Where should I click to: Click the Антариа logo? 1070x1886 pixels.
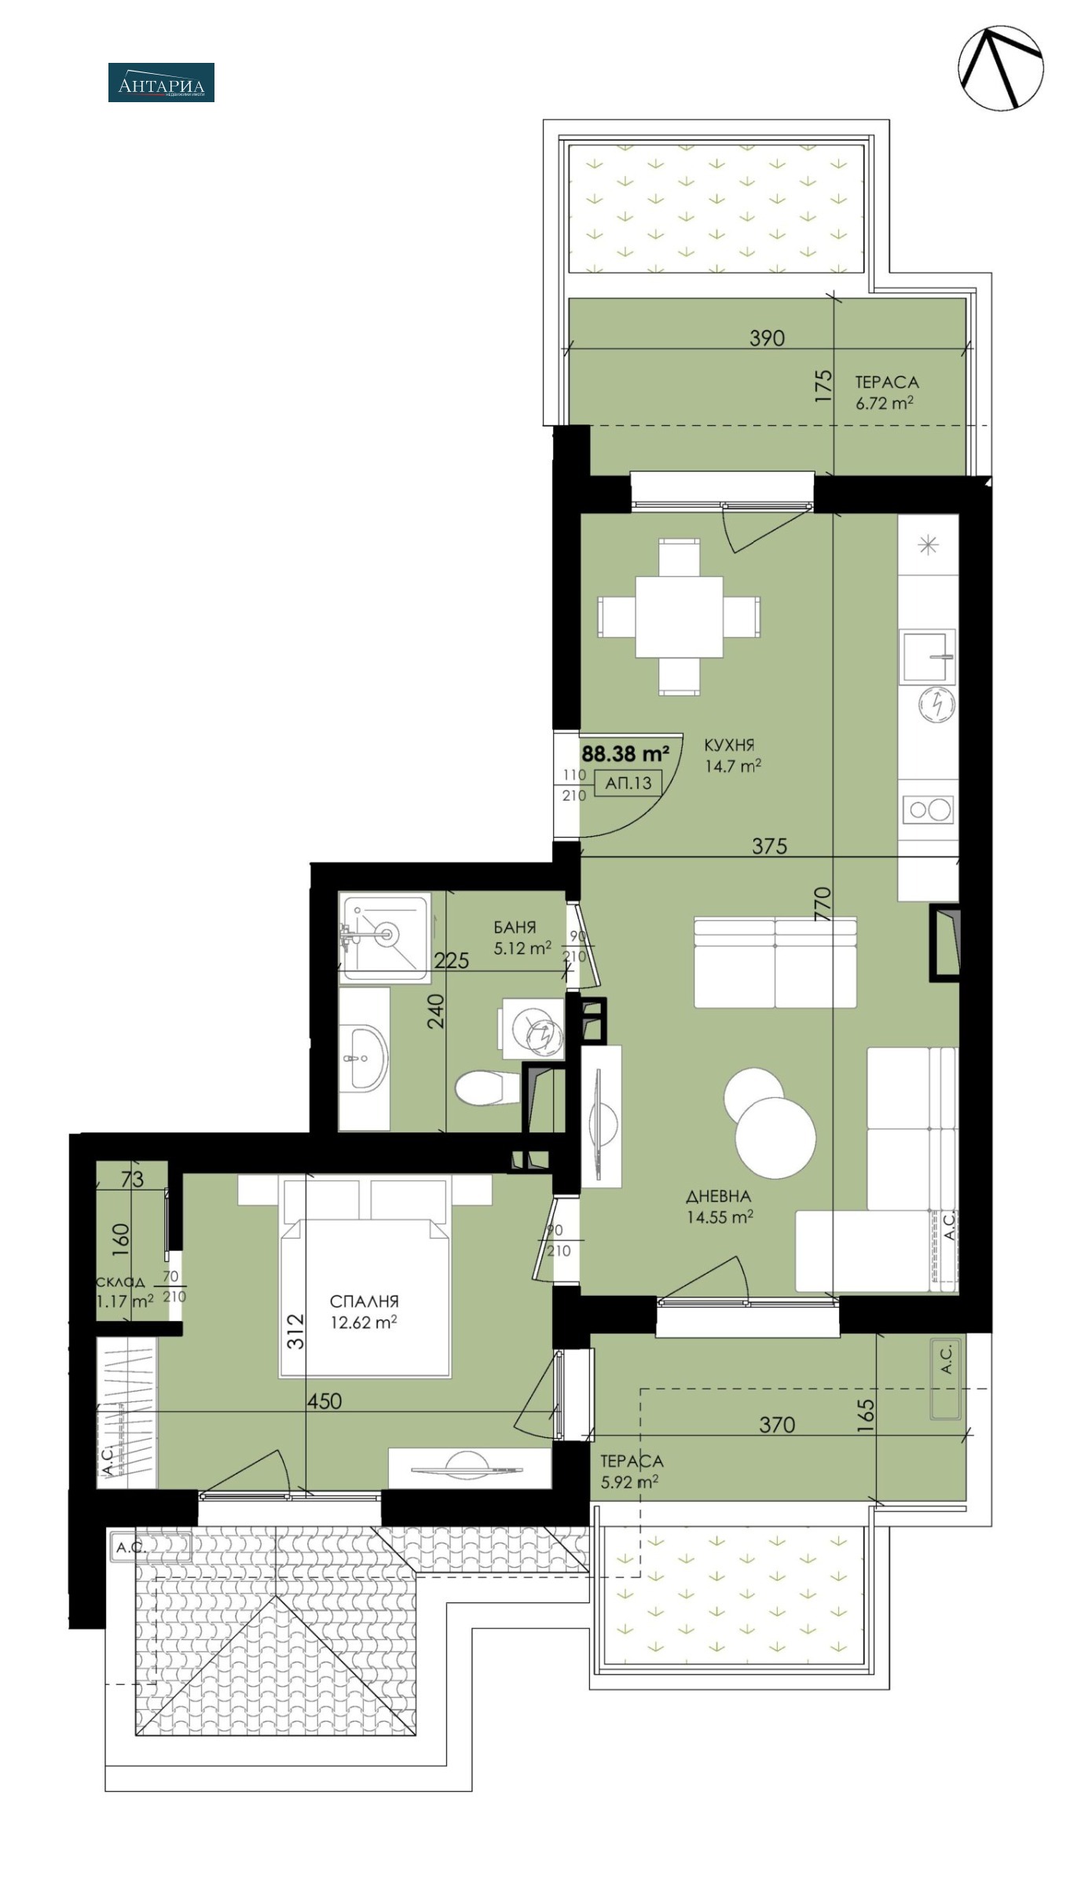point(161,83)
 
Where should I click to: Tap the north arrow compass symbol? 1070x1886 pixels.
point(1001,68)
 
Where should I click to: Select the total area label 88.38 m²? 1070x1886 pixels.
point(625,754)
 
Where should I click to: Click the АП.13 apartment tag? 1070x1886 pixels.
point(628,783)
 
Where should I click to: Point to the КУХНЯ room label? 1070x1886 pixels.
point(729,745)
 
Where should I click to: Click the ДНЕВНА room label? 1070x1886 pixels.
point(719,1196)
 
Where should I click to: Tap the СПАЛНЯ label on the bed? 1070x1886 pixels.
point(364,1301)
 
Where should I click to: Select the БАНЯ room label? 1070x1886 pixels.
point(515,927)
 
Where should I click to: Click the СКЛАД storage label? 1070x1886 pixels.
point(120,1282)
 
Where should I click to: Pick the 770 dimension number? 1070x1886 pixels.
point(822,904)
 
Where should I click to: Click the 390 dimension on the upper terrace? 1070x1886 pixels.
point(767,338)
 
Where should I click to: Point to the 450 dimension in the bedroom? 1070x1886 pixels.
point(324,1401)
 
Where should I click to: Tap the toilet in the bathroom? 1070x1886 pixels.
point(487,1088)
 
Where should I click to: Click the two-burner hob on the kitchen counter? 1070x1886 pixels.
point(929,809)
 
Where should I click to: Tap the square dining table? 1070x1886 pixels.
point(679,617)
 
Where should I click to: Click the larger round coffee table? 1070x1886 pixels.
point(775,1138)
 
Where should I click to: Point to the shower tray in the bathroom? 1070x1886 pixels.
point(386,936)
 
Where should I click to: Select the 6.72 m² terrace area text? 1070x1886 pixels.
point(884,403)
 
